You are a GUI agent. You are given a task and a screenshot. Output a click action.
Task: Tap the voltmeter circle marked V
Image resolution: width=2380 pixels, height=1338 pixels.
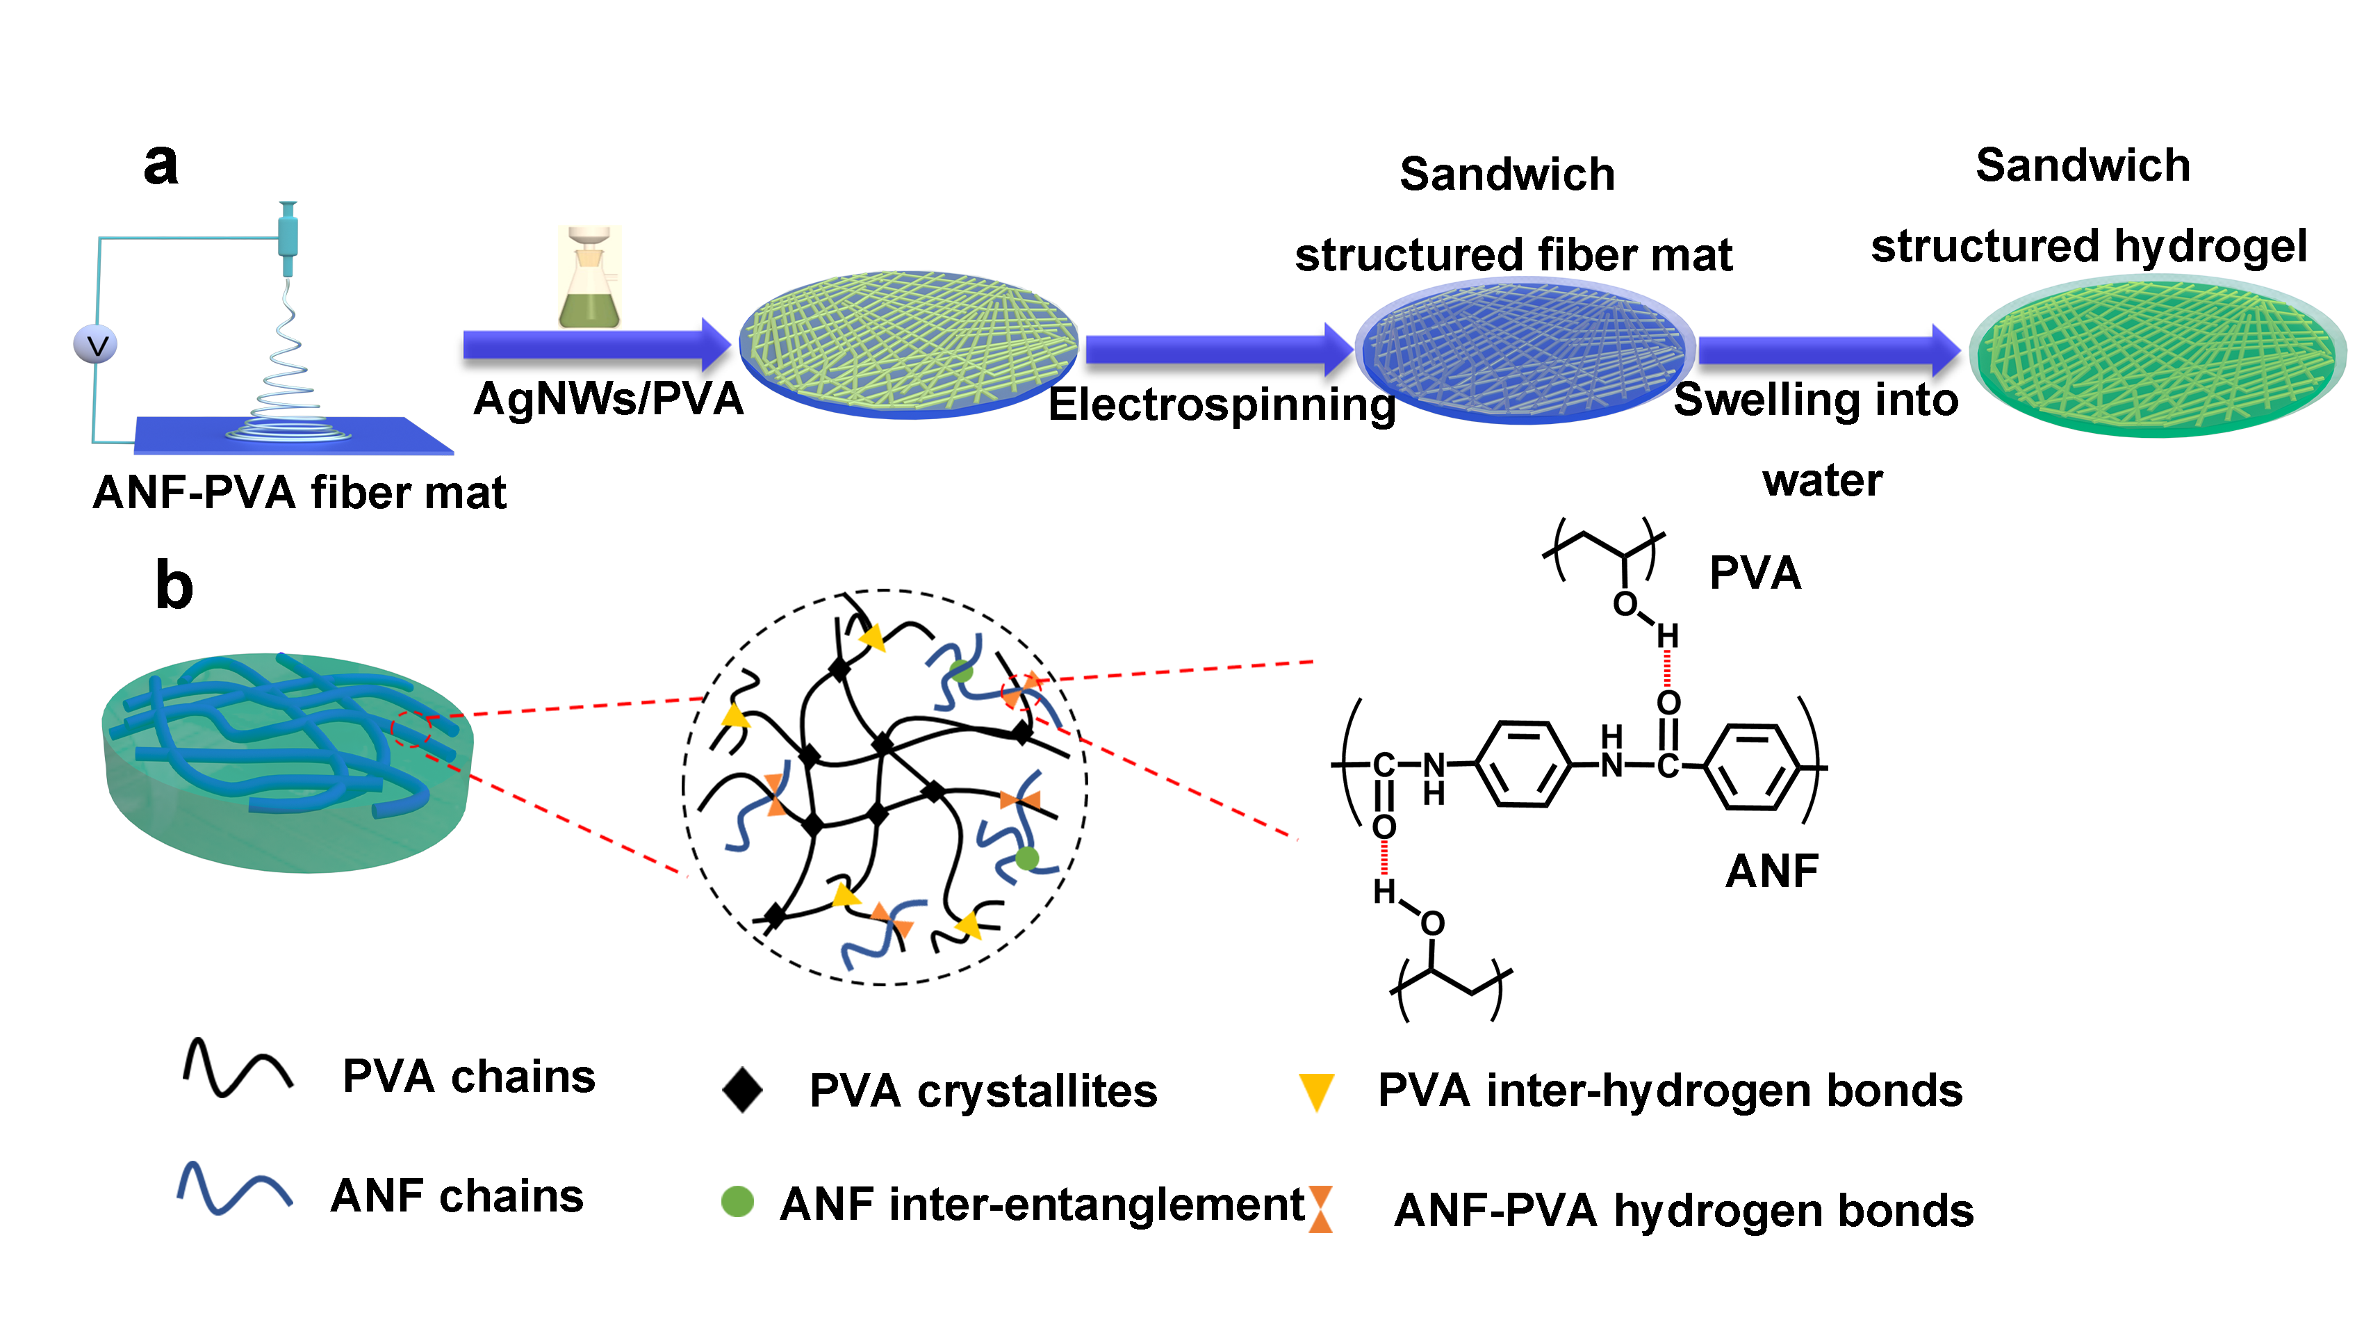(95, 345)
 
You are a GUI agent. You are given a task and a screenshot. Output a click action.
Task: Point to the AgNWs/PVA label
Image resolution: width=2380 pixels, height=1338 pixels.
(608, 399)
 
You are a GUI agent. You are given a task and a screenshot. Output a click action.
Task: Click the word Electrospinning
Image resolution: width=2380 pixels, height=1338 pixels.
(1222, 405)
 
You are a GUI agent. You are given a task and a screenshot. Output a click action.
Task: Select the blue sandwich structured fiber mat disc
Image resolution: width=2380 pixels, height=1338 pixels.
(1525, 351)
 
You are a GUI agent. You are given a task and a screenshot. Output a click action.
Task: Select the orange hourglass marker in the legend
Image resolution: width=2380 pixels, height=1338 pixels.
(1320, 1209)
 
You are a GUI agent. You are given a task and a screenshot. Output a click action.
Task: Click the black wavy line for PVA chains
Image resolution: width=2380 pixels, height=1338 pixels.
(238, 1069)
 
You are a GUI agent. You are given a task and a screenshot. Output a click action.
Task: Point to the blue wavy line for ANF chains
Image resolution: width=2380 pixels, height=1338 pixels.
(235, 1189)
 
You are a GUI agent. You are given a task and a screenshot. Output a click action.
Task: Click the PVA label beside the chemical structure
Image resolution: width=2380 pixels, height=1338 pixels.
(1755, 573)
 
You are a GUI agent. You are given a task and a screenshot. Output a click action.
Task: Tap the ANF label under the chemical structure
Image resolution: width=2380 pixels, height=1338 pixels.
(1771, 870)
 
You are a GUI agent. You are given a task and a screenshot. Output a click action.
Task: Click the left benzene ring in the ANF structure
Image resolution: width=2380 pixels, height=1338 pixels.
(1523, 765)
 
